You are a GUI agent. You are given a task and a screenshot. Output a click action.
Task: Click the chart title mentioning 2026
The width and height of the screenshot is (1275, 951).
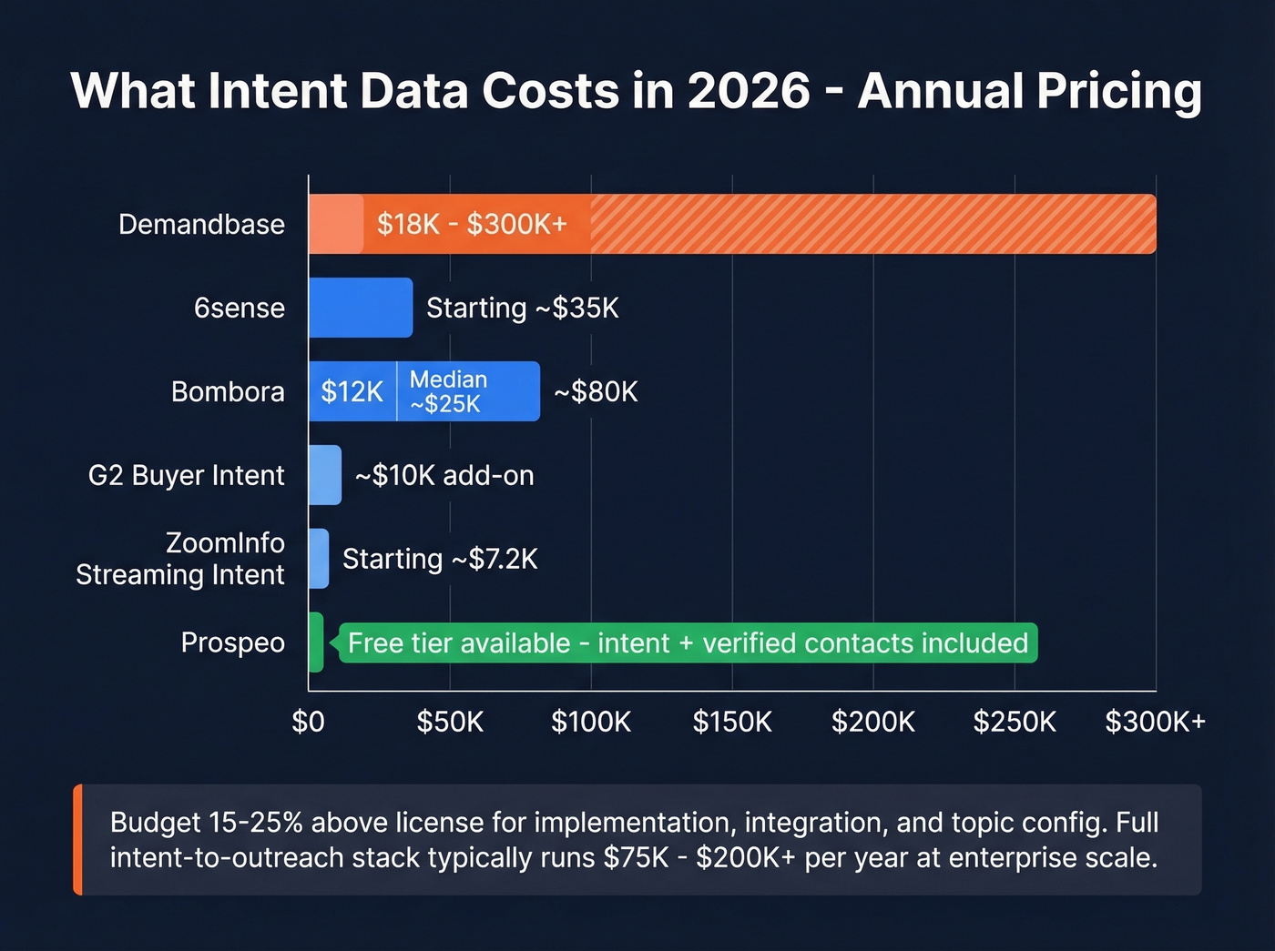click(636, 91)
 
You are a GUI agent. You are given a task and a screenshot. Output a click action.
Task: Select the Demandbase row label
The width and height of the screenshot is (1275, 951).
click(201, 224)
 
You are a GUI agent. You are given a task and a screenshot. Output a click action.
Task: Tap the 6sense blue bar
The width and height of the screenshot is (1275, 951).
click(360, 308)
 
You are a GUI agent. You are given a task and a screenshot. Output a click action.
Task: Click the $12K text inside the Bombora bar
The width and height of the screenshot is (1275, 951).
click(352, 391)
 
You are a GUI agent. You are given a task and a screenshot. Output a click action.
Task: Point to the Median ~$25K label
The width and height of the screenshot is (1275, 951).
click(448, 391)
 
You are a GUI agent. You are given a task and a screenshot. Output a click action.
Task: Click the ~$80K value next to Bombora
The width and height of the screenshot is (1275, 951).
click(596, 391)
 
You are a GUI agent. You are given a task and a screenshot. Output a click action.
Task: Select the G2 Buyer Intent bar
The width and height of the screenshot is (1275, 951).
click(325, 475)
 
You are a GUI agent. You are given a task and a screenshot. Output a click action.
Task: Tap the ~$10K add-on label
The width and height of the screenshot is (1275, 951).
click(444, 475)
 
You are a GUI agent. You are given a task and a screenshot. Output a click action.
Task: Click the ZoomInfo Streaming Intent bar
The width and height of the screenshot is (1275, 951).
click(319, 559)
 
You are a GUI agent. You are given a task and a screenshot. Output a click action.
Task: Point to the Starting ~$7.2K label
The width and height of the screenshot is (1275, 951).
click(440, 559)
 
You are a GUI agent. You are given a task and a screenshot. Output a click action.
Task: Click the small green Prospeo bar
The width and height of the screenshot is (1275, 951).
click(316, 642)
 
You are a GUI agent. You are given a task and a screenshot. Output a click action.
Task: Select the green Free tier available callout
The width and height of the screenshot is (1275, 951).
click(688, 642)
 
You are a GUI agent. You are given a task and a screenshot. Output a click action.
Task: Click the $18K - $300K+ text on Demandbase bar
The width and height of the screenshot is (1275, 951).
click(472, 224)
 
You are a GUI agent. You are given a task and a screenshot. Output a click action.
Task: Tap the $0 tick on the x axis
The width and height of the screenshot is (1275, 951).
click(308, 722)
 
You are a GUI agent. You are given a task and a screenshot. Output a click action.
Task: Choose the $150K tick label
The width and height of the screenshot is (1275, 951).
click(732, 722)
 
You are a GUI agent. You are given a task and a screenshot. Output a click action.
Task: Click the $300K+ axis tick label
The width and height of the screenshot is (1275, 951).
click(1155, 722)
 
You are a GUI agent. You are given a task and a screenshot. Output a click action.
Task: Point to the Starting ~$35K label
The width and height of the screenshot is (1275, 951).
click(522, 308)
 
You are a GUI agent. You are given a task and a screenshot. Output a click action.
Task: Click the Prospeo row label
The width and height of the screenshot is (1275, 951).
click(232, 642)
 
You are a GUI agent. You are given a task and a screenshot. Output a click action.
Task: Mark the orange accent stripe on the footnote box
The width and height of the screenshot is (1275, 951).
click(78, 839)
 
